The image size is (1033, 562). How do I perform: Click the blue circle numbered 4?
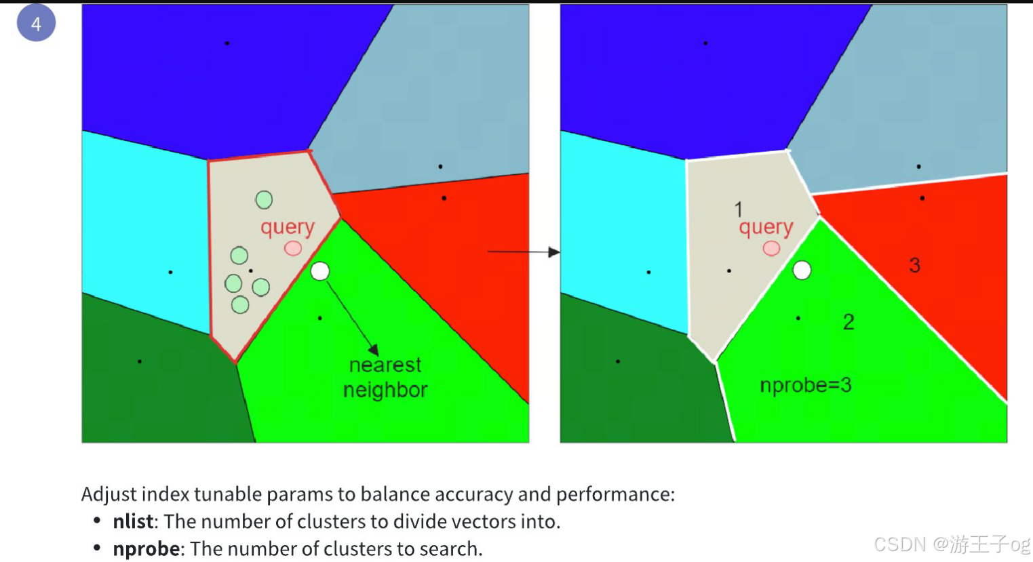pyautogui.click(x=36, y=23)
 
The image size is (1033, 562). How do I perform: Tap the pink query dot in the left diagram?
pyautogui.click(x=293, y=248)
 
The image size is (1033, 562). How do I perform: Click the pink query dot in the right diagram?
pyautogui.click(x=771, y=249)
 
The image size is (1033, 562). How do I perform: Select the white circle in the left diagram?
pyautogui.click(x=320, y=272)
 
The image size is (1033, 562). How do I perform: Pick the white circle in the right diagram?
pyautogui.click(x=802, y=270)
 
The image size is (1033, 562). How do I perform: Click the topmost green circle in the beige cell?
pyautogui.click(x=264, y=200)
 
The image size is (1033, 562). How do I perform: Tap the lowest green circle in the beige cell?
pyautogui.click(x=240, y=305)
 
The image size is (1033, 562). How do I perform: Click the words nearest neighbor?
pyautogui.click(x=385, y=378)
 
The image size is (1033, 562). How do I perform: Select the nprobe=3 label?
pyautogui.click(x=805, y=385)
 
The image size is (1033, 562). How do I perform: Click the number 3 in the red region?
pyautogui.click(x=914, y=265)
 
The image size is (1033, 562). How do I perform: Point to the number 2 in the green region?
pyautogui.click(x=849, y=322)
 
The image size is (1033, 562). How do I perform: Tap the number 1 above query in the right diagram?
pyautogui.click(x=739, y=209)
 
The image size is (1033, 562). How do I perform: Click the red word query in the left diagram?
pyautogui.click(x=288, y=227)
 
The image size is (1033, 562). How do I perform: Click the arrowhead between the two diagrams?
pyautogui.click(x=554, y=252)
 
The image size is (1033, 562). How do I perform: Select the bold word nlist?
pyautogui.click(x=133, y=521)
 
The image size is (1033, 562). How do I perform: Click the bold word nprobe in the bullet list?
pyautogui.click(x=146, y=548)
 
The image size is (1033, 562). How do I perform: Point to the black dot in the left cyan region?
pyautogui.click(x=170, y=273)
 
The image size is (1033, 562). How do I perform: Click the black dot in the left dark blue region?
pyautogui.click(x=227, y=43)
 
